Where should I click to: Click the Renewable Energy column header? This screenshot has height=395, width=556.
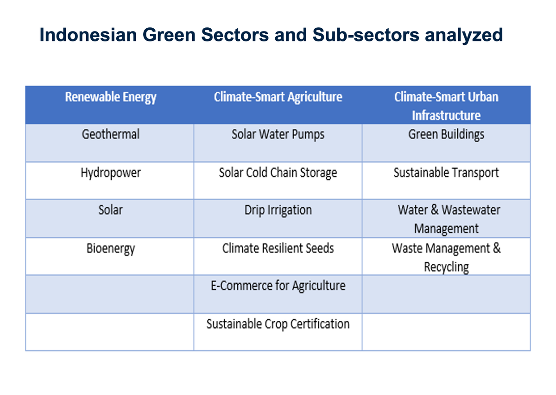click(110, 97)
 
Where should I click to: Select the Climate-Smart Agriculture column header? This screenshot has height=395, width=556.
click(278, 97)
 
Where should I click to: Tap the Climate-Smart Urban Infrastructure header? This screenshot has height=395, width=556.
click(446, 106)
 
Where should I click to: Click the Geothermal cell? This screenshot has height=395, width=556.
click(110, 135)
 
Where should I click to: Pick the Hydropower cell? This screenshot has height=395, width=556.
click(110, 173)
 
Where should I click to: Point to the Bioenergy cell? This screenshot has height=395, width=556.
click(110, 248)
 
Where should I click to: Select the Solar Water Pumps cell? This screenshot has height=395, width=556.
click(278, 135)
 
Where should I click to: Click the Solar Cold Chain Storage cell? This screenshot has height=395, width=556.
click(278, 173)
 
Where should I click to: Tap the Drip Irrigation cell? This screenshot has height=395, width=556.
click(278, 210)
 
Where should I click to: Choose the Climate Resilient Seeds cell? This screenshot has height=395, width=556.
click(278, 248)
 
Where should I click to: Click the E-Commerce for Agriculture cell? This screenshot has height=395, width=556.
click(278, 286)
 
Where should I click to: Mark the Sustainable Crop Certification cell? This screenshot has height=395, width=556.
click(278, 324)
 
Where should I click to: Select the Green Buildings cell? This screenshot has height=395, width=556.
click(446, 135)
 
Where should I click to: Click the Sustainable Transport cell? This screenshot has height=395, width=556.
click(446, 173)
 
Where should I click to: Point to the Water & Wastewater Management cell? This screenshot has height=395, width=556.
click(447, 219)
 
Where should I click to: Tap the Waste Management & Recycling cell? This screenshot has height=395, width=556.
click(446, 257)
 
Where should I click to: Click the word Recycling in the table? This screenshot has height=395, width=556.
click(446, 268)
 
